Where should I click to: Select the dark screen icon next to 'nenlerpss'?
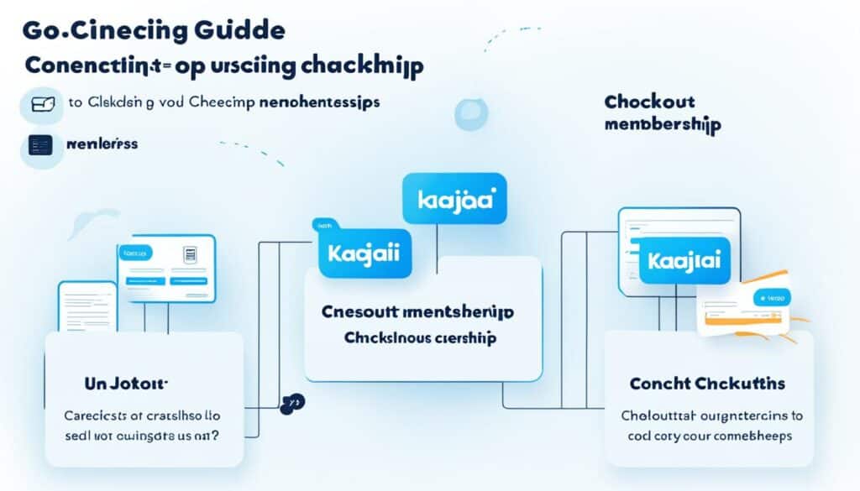click(39, 145)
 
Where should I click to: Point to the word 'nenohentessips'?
click(317, 102)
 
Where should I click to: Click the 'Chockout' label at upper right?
click(649, 102)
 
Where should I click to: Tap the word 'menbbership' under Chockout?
click(662, 124)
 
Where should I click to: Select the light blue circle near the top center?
click(470, 114)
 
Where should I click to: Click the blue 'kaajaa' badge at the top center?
click(454, 201)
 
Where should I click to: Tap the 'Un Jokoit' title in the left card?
click(126, 384)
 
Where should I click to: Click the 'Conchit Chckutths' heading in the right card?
click(707, 384)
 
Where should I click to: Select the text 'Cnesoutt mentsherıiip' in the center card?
click(417, 311)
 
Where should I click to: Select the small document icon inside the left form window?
click(189, 255)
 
